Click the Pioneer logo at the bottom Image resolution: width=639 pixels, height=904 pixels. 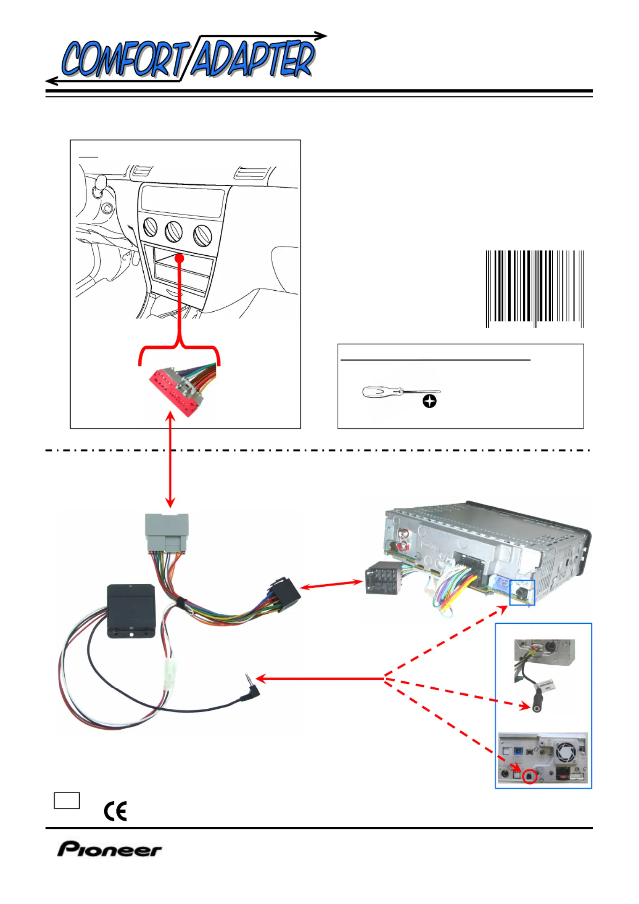click(x=109, y=849)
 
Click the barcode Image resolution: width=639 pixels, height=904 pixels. click(x=534, y=288)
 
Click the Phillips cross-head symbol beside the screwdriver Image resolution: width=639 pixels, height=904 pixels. click(x=429, y=401)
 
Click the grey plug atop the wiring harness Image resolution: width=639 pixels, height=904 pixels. click(x=167, y=532)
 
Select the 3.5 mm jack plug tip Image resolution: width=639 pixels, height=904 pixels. click(x=247, y=678)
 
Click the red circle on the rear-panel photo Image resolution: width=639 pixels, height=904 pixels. click(x=530, y=776)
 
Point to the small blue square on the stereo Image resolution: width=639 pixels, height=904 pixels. click(x=522, y=592)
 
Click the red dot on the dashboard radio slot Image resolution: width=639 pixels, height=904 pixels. click(x=180, y=258)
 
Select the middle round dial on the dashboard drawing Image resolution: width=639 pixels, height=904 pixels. click(x=173, y=232)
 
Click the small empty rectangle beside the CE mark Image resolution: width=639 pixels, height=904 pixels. click(x=67, y=801)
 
